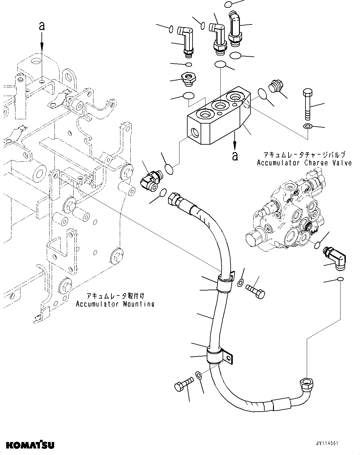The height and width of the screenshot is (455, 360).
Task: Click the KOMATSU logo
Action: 30,445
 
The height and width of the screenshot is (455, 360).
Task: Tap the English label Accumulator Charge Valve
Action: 304,163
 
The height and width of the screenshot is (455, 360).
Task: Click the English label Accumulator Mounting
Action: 115,304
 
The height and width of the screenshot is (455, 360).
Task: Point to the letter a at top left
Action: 42,26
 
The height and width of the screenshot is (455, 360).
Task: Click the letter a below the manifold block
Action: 235,156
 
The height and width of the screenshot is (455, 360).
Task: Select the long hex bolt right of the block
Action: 307,104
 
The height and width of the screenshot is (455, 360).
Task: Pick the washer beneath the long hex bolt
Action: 307,126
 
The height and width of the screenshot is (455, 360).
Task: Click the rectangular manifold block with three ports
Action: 217,119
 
